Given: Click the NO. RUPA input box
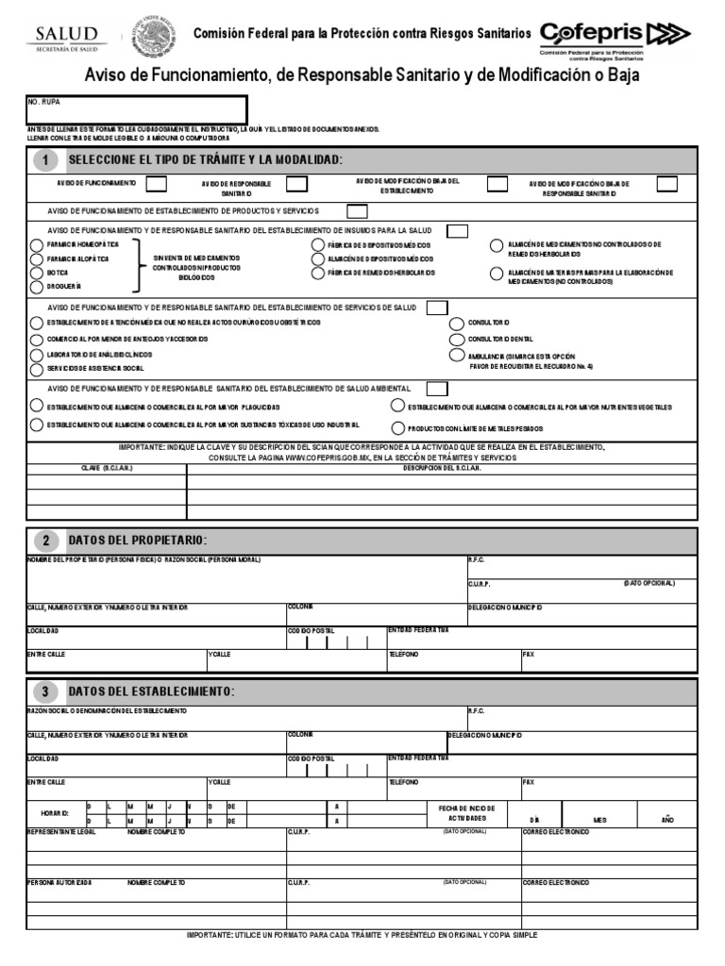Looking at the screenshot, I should click(x=137, y=109).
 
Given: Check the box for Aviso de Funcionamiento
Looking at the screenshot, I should click(x=157, y=183).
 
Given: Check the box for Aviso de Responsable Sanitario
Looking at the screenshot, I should click(x=296, y=183).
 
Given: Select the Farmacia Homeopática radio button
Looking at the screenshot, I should click(x=36, y=244).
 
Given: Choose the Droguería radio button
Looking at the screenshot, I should click(x=36, y=285).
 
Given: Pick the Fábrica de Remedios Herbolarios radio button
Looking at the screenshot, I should click(x=318, y=273).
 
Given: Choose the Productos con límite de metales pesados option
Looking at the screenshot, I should click(x=399, y=427).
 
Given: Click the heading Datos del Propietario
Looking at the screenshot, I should click(x=136, y=541).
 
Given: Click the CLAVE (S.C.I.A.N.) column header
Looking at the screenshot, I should click(x=107, y=468).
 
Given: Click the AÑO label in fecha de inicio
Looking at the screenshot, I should click(x=667, y=820).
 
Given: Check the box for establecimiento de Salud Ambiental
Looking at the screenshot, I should click(x=437, y=389).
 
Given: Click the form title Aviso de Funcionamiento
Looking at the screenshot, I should click(x=362, y=75).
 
